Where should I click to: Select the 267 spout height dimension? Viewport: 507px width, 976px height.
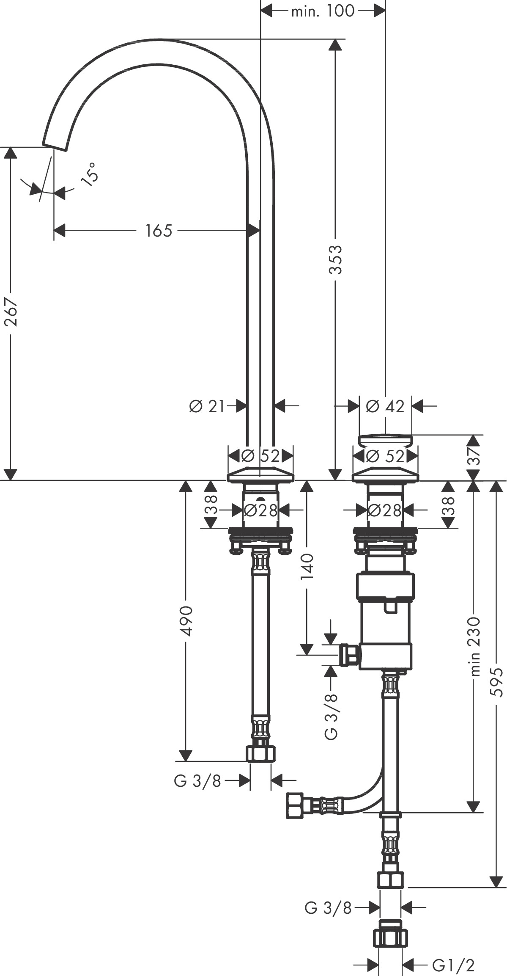click(x=11, y=312)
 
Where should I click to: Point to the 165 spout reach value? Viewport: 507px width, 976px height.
click(x=159, y=231)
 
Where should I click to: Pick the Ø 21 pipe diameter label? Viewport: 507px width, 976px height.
click(x=207, y=407)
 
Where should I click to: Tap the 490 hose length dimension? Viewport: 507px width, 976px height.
click(x=186, y=621)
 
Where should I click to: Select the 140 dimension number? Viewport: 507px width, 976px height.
click(x=307, y=567)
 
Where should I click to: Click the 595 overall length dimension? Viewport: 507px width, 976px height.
click(x=497, y=682)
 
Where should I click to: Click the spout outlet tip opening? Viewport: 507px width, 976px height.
click(x=55, y=146)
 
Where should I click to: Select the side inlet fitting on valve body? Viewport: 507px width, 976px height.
click(x=349, y=655)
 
